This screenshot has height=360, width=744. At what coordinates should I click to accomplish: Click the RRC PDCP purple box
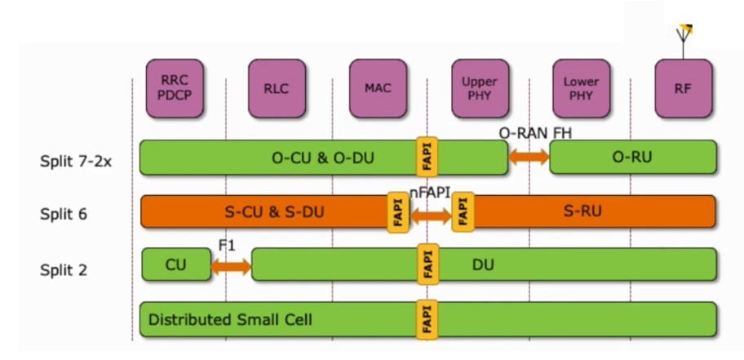click(174, 88)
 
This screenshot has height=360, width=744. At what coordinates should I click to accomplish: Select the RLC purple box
click(277, 88)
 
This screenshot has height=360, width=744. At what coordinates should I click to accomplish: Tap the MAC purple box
click(378, 88)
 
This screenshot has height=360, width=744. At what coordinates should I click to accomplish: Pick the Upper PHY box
click(480, 88)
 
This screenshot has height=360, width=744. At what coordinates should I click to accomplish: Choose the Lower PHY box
click(581, 88)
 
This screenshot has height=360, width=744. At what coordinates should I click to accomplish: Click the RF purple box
click(683, 88)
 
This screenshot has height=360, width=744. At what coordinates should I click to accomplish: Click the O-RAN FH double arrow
click(529, 157)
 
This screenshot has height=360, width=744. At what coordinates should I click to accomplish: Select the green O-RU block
click(633, 158)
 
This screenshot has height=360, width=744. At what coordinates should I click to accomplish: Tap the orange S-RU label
click(582, 212)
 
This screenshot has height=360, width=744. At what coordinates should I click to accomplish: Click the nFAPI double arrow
click(430, 216)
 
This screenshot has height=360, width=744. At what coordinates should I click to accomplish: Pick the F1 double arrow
click(231, 265)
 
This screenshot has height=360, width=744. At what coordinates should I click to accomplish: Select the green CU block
click(176, 265)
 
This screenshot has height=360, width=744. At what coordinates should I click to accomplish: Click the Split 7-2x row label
click(75, 161)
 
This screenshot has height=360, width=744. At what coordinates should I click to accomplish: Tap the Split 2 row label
click(64, 269)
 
